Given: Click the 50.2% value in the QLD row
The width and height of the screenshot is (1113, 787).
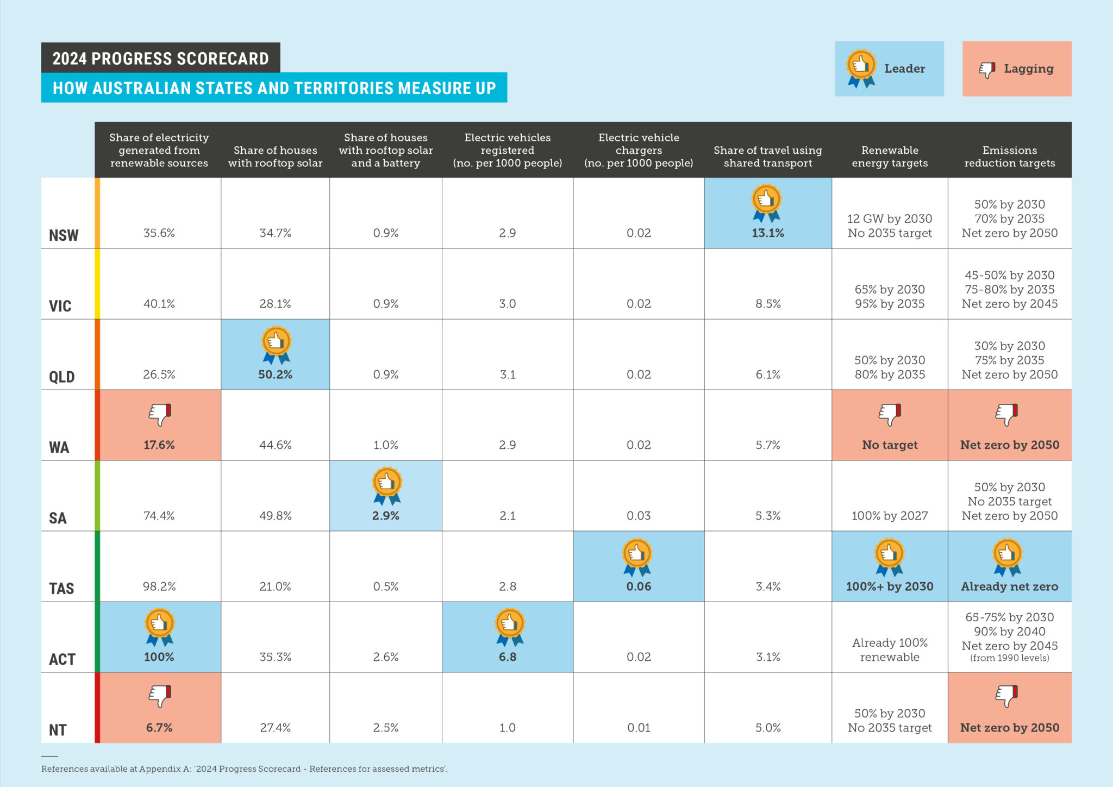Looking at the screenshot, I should tap(275, 374).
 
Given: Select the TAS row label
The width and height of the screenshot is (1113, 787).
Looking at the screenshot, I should tap(61, 588).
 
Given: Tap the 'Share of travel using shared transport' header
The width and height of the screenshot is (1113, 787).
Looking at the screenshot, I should tap(767, 157).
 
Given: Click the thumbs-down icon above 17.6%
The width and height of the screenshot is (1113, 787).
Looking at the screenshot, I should tap(160, 415).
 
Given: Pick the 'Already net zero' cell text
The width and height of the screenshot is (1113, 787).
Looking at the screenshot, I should tap(1009, 586).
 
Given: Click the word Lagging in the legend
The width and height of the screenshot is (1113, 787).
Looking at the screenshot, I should tap(1028, 68).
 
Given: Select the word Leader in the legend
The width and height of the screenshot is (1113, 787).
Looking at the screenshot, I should tap(904, 68).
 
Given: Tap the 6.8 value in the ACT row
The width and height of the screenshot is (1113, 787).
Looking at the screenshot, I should tap(507, 657).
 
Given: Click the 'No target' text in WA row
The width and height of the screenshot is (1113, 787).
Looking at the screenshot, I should tap(890, 445).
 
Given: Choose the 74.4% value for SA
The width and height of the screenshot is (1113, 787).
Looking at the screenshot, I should tap(159, 516).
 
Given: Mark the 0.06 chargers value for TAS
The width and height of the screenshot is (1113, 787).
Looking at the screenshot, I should tap(639, 586).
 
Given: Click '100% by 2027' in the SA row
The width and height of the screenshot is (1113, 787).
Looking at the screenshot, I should tap(890, 516).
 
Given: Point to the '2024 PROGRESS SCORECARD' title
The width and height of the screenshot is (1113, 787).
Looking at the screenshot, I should tap(160, 58).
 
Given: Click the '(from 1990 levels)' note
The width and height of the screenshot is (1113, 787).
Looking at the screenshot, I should tap(1009, 658).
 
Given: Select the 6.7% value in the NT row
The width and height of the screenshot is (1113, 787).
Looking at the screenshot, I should tap(159, 728).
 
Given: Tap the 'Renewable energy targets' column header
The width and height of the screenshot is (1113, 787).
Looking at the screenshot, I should tap(890, 157).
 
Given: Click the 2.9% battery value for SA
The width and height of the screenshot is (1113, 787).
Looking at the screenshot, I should tap(385, 516).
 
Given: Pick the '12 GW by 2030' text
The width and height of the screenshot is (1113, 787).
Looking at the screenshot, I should tap(890, 218).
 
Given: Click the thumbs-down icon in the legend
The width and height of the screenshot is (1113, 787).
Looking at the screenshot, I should tap(987, 70).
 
